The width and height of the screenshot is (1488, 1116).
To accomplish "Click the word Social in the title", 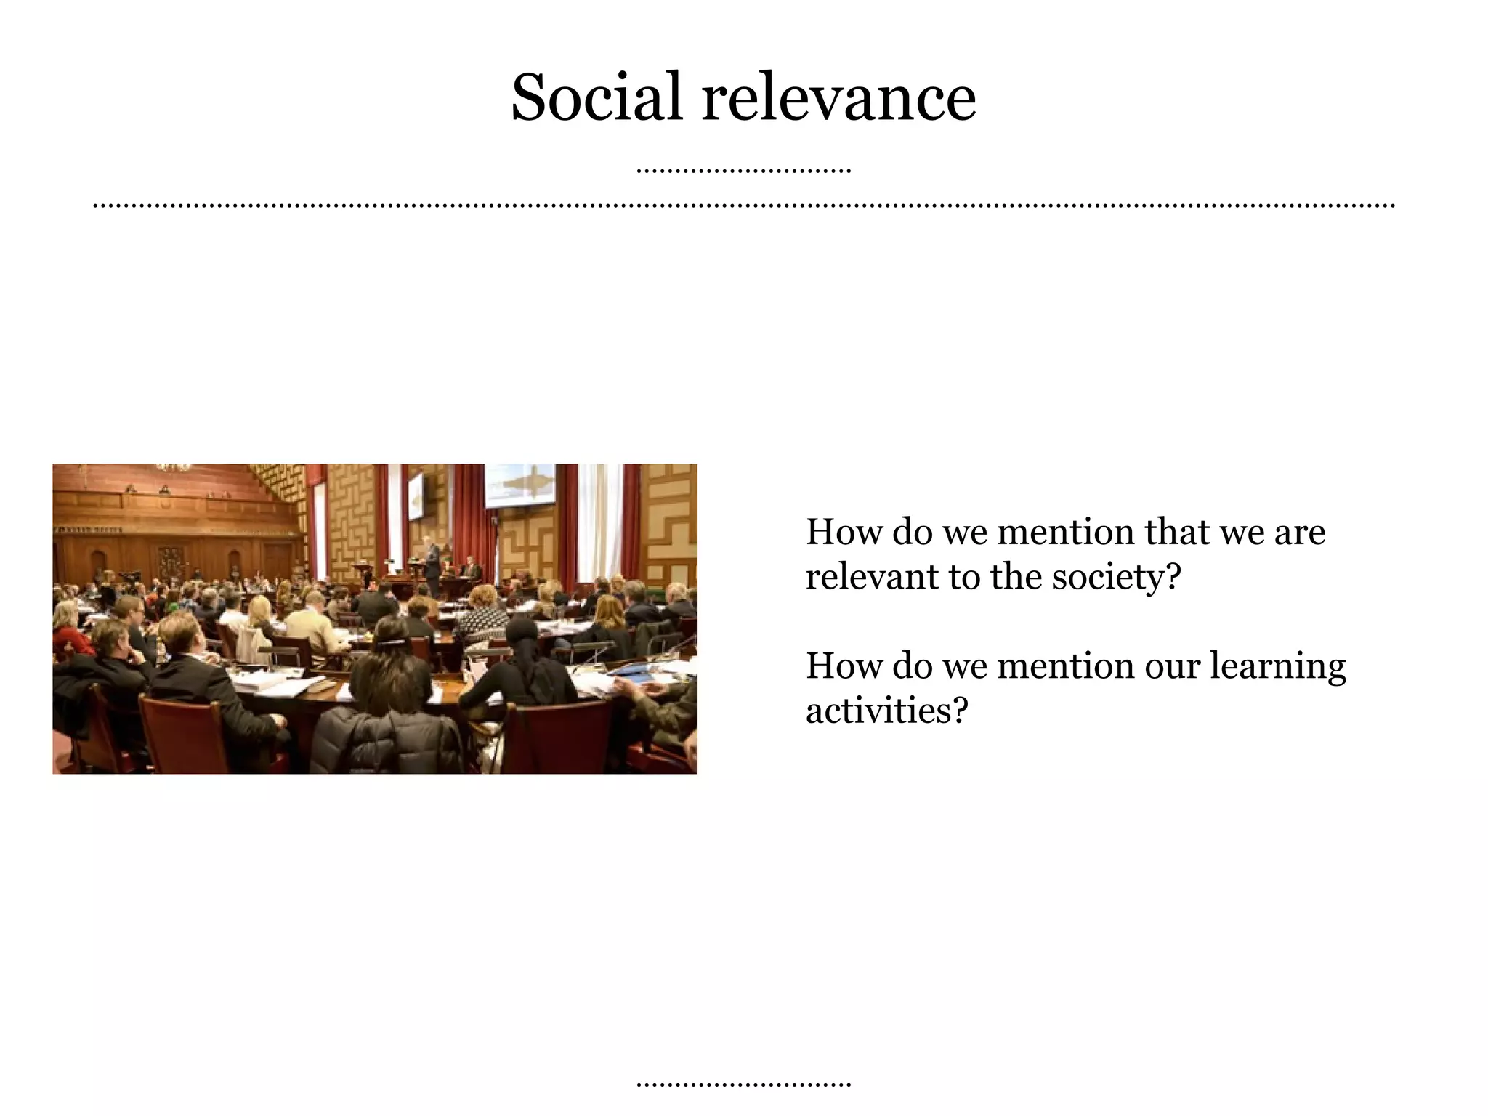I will click(596, 97).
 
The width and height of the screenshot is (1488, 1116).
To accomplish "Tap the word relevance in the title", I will click(838, 97).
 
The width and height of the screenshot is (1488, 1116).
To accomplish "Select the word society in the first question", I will click(1107, 578).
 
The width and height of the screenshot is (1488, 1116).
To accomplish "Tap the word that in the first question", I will click(1177, 532).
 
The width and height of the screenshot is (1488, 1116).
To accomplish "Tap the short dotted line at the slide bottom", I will click(743, 1085).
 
